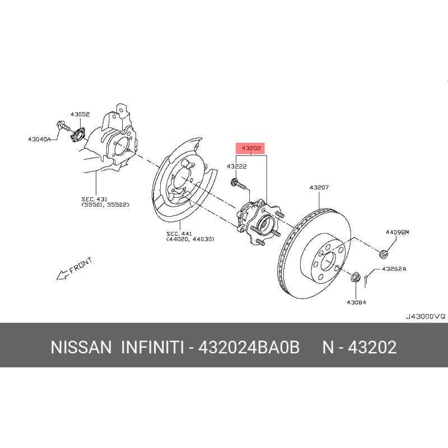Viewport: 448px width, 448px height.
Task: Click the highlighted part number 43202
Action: click(251, 148)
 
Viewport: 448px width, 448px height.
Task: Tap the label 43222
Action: click(236, 166)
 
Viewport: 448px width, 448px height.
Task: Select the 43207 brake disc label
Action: click(319, 188)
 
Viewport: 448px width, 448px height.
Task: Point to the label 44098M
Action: click(397, 232)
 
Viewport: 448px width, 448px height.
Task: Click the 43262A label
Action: click(394, 269)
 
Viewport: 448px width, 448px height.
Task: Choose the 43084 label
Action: click(356, 302)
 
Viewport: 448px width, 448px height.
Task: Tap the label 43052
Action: click(80, 114)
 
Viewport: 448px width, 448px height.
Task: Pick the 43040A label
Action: click(39, 139)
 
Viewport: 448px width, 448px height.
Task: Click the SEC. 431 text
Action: click(94, 199)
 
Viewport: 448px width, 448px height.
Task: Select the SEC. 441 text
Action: click(179, 234)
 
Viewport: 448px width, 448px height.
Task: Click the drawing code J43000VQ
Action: click(426, 316)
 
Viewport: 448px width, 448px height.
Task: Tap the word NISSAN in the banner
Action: click(81, 347)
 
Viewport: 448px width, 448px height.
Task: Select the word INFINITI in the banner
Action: click(152, 347)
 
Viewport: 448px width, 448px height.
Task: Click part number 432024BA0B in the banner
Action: click(249, 347)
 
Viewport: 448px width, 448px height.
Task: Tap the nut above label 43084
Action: click(355, 277)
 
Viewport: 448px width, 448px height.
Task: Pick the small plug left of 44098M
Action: click(384, 254)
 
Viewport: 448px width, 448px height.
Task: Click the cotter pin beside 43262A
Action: click(366, 281)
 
